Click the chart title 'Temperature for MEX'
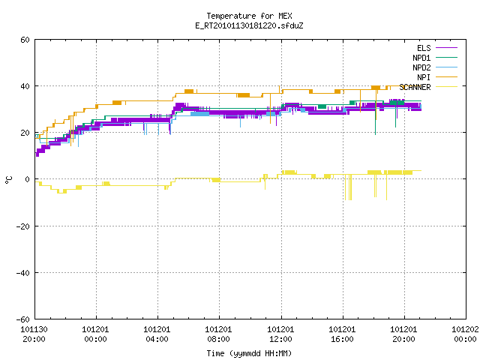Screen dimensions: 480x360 point(249,16)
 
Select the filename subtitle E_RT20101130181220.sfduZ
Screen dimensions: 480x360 point(249,25)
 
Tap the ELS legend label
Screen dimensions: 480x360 point(424,48)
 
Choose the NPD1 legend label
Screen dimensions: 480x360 point(421,58)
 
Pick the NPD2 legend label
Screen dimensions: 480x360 point(421,67)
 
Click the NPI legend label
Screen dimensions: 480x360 point(424,77)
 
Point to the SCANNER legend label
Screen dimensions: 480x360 point(415,87)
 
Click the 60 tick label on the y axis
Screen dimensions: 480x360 point(25,40)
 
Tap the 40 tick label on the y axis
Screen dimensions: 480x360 point(25,86)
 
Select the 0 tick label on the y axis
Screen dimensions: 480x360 point(28,179)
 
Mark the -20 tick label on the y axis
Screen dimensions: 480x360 point(23,226)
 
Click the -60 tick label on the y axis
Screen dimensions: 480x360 point(23,319)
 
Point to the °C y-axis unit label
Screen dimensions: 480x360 point(8,180)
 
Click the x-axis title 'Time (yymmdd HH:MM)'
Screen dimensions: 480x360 point(249,353)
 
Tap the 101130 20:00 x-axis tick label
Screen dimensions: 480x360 point(34,334)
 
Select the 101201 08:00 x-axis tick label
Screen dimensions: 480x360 point(218,334)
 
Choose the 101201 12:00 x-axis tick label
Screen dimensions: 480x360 point(280,334)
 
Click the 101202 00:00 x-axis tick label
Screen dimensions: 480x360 point(465,334)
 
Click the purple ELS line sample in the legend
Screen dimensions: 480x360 point(446,48)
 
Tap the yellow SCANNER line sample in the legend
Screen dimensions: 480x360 point(446,87)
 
